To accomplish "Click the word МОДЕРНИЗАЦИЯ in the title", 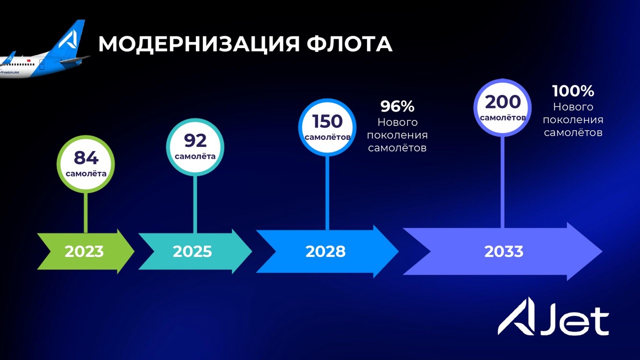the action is pos(198,44).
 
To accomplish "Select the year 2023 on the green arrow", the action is pos(84,251).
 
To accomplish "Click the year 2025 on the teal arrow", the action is pos(192,251).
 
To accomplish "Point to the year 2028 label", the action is pos(325,251).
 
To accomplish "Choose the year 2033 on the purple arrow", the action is pos(503,251).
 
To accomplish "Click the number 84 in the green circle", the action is pos(86,157).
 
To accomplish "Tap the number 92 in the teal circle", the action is pos(195,140).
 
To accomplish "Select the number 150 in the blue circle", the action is pos(327,121).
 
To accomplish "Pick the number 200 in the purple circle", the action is pos(502,101).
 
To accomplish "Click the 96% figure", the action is pos(397,106).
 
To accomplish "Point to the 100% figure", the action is pos(573,91).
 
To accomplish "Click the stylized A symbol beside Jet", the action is pos(516,316).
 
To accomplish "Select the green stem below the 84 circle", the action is pos(85,213).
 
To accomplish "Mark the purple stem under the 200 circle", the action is pos(502,182).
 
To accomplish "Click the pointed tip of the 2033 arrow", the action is pos(602,251).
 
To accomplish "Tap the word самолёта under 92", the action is pos(195,156).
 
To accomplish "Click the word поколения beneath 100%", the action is pos(573,120).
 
